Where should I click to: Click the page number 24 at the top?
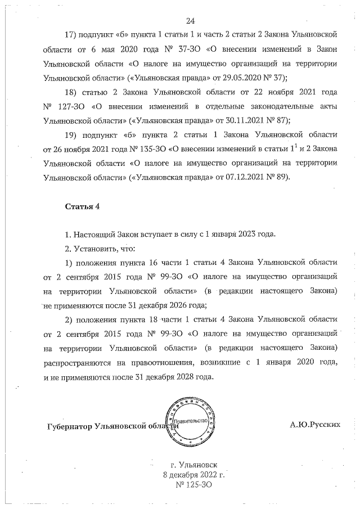point(190,21)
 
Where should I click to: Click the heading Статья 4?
point(82,206)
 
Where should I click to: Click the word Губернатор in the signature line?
point(70,427)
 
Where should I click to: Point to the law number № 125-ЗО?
point(193,484)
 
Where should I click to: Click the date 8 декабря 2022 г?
point(193,475)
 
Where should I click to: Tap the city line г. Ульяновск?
point(193,465)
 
